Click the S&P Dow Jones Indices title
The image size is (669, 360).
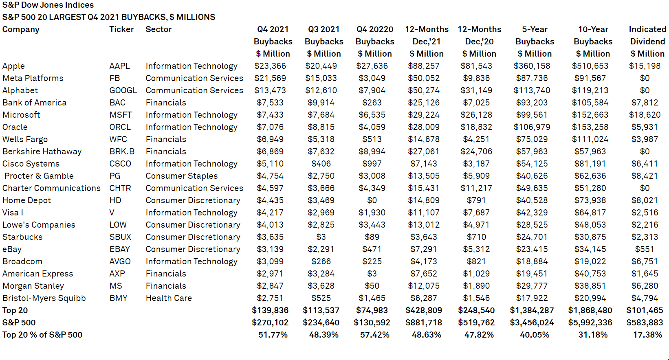point(48,5)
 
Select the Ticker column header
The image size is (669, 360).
point(121,29)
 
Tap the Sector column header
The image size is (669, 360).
point(158,29)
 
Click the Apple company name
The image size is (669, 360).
point(13,66)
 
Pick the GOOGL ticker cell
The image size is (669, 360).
point(123,90)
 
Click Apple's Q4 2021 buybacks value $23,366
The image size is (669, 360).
point(270,66)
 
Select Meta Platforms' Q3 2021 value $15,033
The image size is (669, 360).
point(321,78)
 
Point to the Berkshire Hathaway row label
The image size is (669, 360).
point(42,151)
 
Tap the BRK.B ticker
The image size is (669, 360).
point(122,151)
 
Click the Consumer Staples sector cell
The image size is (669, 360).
point(182,176)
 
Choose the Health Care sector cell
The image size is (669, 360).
point(169,298)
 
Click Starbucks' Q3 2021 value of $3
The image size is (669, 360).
point(321,237)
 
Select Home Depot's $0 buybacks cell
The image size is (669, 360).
point(372,200)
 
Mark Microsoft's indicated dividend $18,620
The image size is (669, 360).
point(645,115)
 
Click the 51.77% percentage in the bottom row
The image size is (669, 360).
point(273,335)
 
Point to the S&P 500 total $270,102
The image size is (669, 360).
point(270,323)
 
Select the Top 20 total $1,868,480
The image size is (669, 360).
point(590,310)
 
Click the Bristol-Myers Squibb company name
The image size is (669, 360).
point(44,298)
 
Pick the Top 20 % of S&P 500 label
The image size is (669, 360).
point(42,335)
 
